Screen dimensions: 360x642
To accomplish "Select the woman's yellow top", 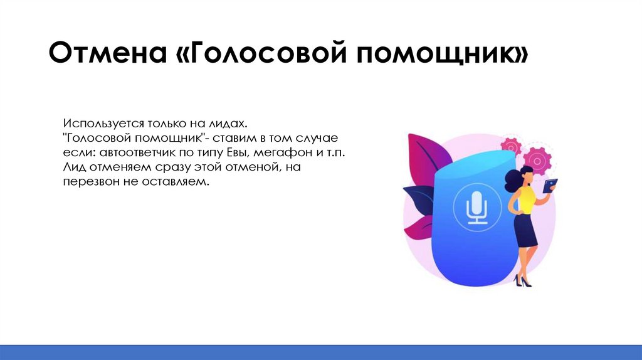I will (x=525, y=200).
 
